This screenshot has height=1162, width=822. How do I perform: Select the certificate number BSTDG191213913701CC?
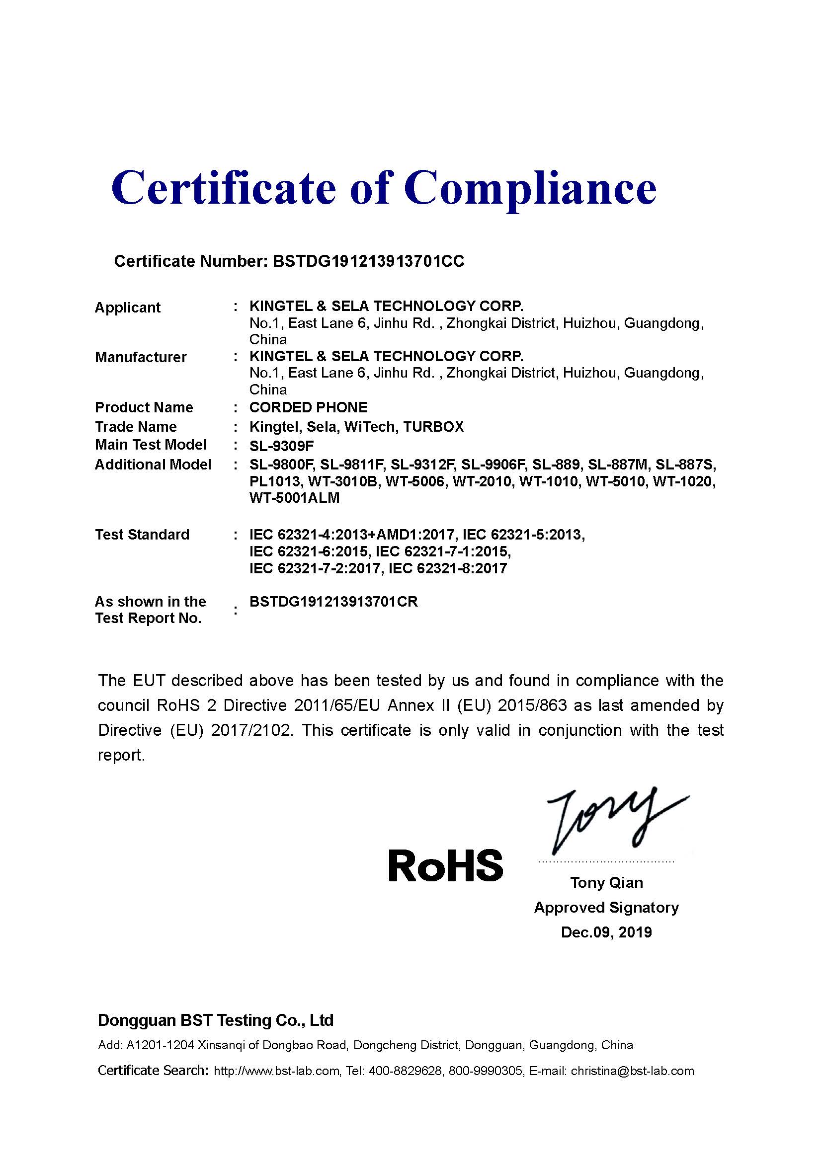[x=368, y=261]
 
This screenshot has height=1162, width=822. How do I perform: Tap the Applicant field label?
[x=128, y=307]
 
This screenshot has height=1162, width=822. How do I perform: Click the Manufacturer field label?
[x=141, y=357]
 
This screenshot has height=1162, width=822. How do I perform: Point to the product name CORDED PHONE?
[x=308, y=407]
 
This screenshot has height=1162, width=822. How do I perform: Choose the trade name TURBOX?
[x=433, y=427]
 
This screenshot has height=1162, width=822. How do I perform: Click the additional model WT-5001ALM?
[x=294, y=498]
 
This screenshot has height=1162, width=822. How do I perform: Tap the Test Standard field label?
[x=142, y=535]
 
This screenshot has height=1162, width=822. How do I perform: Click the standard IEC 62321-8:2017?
[x=447, y=568]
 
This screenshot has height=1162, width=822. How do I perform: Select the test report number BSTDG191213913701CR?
[x=333, y=602]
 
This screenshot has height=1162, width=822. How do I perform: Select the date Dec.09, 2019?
[x=606, y=932]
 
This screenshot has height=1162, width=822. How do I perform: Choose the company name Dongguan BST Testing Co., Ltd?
[x=216, y=1020]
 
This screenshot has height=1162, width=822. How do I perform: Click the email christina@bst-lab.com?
[x=632, y=1071]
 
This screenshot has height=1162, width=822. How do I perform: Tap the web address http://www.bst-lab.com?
[x=276, y=1071]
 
